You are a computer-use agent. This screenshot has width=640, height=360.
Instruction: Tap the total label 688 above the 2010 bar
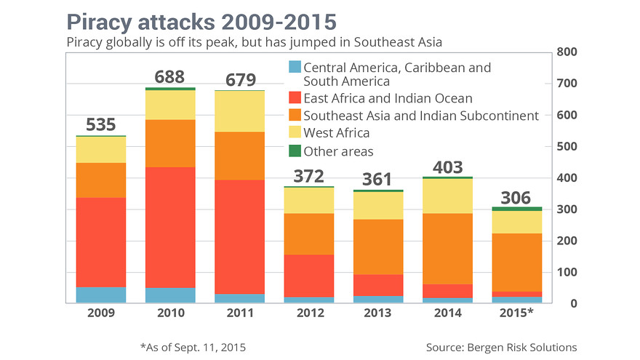tap(164, 76)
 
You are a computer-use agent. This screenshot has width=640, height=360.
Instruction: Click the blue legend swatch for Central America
tap(294, 68)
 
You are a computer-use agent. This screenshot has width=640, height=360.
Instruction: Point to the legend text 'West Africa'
tap(337, 133)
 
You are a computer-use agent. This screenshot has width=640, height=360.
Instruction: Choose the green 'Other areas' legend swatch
tap(294, 151)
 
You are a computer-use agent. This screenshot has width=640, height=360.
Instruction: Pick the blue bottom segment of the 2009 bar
tap(101, 295)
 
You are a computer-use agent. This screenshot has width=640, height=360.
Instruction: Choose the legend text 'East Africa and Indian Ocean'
tap(388, 98)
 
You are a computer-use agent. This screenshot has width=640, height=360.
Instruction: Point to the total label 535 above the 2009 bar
tap(101, 124)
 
